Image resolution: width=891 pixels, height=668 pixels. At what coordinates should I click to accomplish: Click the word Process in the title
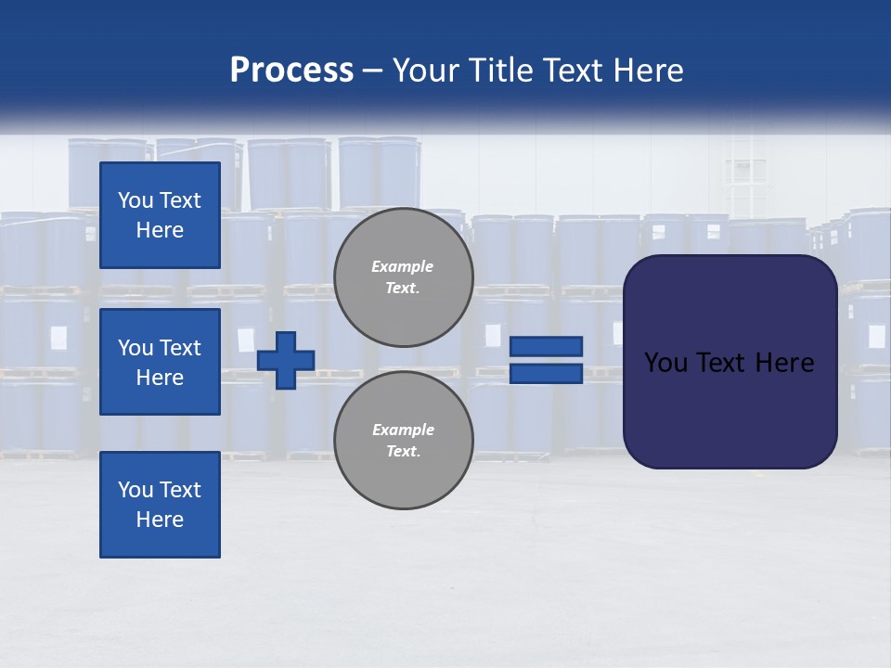(291, 71)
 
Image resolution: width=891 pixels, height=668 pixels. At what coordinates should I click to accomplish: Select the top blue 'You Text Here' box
(160, 215)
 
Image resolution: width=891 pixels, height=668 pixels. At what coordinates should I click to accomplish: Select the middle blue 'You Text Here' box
(160, 362)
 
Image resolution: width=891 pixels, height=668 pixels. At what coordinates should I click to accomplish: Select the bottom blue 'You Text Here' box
(160, 505)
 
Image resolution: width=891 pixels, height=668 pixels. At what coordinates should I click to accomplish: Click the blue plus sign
(286, 360)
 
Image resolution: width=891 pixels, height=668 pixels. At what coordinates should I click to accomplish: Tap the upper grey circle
(403, 276)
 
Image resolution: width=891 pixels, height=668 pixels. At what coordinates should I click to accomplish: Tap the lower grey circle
(403, 440)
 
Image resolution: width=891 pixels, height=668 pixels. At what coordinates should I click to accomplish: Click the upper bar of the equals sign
(546, 346)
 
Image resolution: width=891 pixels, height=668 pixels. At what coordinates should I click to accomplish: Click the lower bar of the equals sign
(546, 373)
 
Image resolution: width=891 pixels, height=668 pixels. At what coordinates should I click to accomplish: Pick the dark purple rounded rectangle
(730, 408)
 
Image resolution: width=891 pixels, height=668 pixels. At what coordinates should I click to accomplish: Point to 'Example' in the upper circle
(402, 266)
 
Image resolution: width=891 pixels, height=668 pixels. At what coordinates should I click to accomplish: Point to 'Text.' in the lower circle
(403, 452)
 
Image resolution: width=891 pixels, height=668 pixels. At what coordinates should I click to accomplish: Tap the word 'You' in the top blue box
(136, 200)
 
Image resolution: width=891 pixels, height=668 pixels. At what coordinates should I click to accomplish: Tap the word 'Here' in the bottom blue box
(160, 520)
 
